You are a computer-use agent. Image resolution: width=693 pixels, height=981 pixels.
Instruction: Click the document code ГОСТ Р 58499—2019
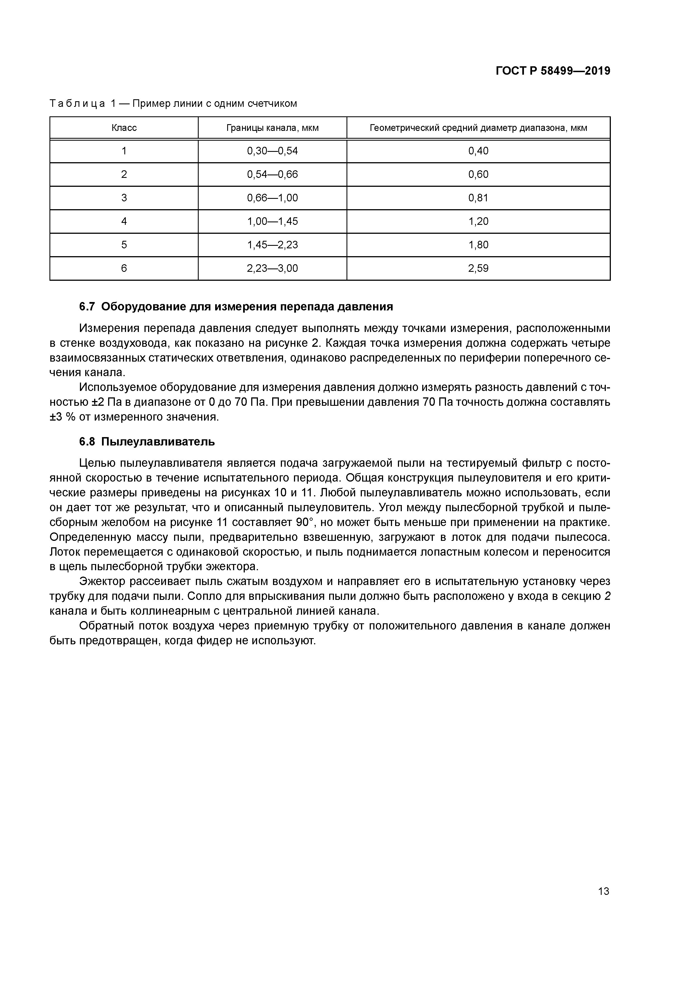[553, 71]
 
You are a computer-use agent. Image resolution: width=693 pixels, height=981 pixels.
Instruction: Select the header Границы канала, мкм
[272, 128]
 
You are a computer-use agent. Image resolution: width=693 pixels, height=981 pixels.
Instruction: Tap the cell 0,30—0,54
[272, 151]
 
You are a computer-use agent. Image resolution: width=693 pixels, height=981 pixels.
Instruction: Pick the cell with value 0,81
[478, 198]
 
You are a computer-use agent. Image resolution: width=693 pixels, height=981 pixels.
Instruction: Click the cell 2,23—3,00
[272, 268]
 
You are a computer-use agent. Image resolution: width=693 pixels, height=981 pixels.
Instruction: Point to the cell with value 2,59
[478, 268]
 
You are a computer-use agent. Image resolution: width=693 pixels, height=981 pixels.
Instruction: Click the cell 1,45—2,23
[272, 245]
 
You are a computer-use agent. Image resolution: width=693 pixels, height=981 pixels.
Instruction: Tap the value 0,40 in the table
[478, 151]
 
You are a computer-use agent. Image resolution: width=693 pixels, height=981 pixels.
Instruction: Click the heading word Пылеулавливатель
[158, 442]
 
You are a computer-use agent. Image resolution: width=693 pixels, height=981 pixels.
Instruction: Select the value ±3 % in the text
[62, 417]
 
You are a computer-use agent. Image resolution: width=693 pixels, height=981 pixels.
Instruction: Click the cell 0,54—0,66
[272, 174]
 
